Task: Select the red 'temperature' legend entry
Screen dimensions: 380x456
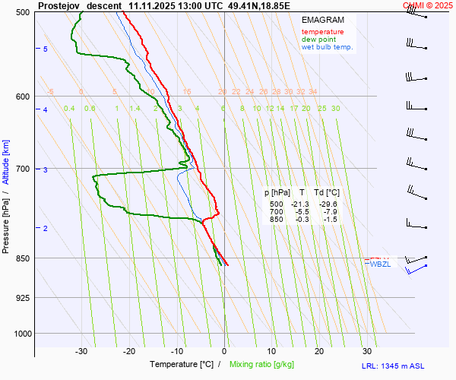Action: click(322, 32)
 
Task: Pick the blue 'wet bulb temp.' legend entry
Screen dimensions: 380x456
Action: click(327, 47)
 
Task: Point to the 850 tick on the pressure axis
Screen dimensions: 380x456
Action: click(23, 258)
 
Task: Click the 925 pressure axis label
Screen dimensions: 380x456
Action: click(23, 297)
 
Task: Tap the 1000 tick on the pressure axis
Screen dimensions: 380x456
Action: click(21, 334)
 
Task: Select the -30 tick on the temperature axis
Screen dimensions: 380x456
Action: click(81, 351)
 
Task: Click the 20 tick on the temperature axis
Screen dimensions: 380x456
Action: click(319, 351)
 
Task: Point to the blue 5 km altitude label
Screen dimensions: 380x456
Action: click(45, 49)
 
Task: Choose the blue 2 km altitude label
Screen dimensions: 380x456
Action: click(45, 229)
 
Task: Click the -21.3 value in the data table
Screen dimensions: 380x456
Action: click(300, 204)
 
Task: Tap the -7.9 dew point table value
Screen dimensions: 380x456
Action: click(330, 212)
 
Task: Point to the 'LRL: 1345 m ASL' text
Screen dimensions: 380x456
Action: click(407, 366)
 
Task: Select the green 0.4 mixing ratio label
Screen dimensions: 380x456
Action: click(69, 109)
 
